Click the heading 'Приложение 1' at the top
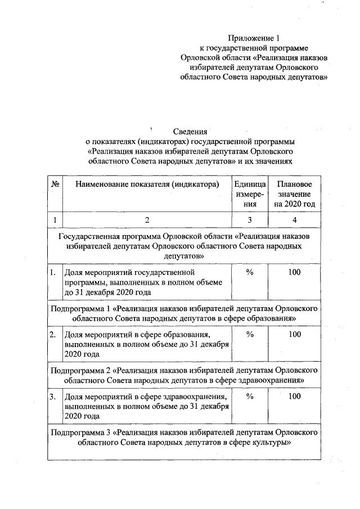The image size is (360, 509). (253, 38)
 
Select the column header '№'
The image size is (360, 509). (55, 184)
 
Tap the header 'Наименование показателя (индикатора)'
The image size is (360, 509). (147, 184)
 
